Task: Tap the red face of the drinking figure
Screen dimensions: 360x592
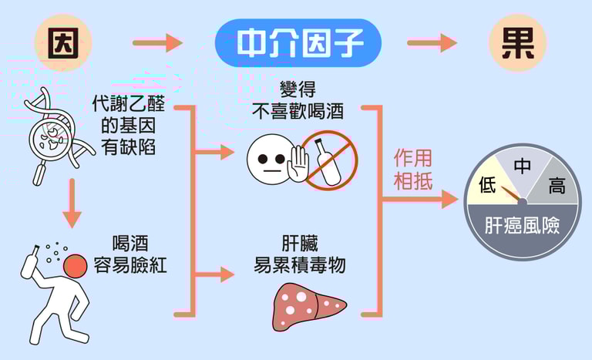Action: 75,267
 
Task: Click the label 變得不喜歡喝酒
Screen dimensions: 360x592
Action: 297,101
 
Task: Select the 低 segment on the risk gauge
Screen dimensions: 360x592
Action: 489,183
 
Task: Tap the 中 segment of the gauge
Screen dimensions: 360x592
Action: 523,165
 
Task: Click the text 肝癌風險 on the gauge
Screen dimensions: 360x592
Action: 522,226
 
